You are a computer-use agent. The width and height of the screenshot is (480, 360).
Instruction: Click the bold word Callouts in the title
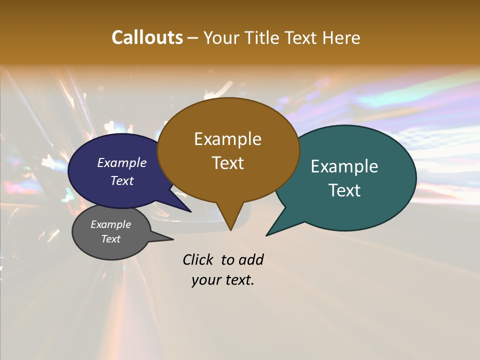point(147,37)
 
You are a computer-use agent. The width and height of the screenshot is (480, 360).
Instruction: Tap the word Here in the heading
point(341,37)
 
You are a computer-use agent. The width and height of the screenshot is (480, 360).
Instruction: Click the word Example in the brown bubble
point(227,139)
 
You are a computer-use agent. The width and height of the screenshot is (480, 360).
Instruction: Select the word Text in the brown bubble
point(227,163)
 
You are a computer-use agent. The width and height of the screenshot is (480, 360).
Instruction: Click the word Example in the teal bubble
point(344,166)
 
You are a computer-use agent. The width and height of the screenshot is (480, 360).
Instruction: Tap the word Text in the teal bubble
point(344,190)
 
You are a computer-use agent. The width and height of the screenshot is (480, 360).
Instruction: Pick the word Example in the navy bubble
point(121,163)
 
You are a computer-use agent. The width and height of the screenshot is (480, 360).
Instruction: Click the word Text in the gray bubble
point(110,239)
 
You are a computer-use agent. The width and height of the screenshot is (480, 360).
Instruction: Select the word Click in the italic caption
point(198,259)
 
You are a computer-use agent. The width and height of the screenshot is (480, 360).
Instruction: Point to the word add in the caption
point(250,259)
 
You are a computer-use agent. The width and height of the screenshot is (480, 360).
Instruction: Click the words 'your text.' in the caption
point(222,280)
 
